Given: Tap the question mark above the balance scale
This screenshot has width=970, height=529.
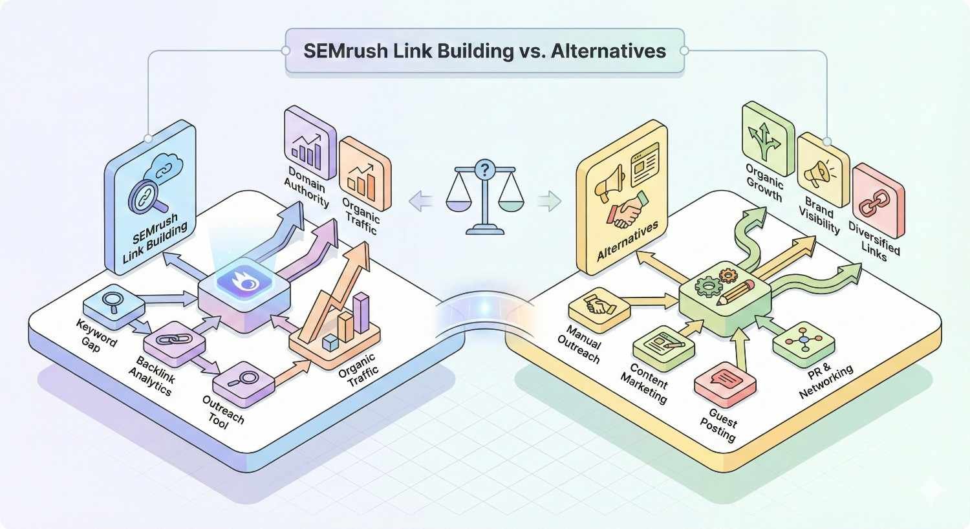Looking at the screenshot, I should [x=482, y=170].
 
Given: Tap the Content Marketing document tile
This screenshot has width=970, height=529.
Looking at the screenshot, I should [x=663, y=341].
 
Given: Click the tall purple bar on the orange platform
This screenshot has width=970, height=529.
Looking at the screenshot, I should [x=360, y=312].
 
